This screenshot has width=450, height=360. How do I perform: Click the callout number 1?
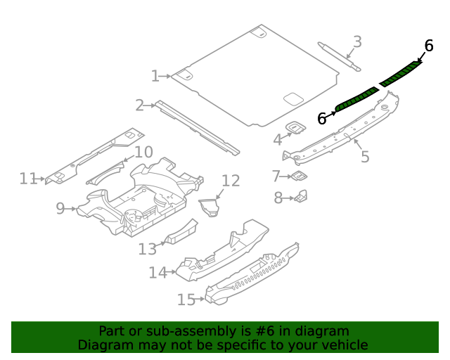[x=155, y=76]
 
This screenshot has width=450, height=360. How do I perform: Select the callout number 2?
[x=140, y=105]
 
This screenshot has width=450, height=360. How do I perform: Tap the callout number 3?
[x=357, y=42]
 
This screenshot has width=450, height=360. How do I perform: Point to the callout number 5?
[x=365, y=156]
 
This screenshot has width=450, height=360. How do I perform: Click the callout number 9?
[x=60, y=208]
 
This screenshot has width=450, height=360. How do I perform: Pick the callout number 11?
[x=27, y=179]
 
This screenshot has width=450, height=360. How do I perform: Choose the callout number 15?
[x=186, y=300]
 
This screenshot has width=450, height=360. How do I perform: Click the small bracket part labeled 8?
[x=302, y=196]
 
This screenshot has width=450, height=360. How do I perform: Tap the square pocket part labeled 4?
[x=297, y=127]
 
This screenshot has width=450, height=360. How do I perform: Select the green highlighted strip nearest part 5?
[x=356, y=98]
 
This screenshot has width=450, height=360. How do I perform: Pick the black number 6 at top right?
[x=428, y=46]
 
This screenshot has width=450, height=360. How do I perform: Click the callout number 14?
[x=157, y=272]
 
